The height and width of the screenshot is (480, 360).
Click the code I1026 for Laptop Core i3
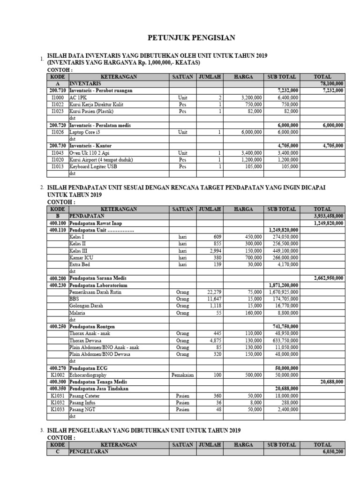(x=58, y=133)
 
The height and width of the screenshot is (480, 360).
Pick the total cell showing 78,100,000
(x=330, y=83)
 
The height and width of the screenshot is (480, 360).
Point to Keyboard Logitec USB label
(x=92, y=166)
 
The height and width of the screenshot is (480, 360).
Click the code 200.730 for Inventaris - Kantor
(x=58, y=146)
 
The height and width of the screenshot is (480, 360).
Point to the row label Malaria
(x=77, y=313)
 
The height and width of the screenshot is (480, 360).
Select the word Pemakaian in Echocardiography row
(x=182, y=375)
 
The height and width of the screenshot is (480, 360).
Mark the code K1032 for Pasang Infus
(x=58, y=403)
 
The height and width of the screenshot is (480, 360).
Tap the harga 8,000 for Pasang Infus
(x=255, y=403)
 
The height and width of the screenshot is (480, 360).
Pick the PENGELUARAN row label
(x=89, y=452)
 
